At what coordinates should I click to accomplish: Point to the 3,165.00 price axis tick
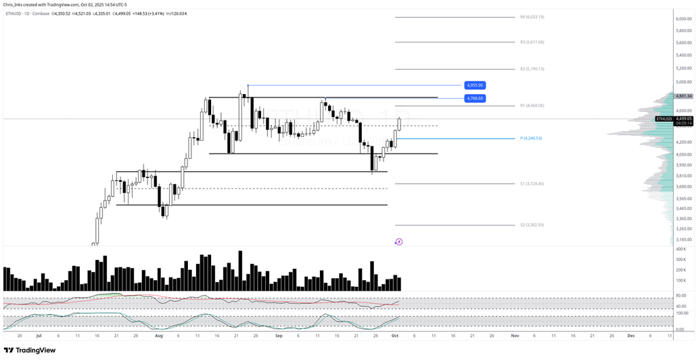click(x=684, y=240)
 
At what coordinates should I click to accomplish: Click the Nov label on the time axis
click(x=515, y=335)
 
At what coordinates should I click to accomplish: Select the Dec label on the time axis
click(x=630, y=335)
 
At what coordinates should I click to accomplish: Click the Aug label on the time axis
click(x=158, y=335)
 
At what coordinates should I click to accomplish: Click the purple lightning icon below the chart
click(x=398, y=242)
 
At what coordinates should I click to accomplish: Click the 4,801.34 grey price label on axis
click(x=684, y=96)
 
